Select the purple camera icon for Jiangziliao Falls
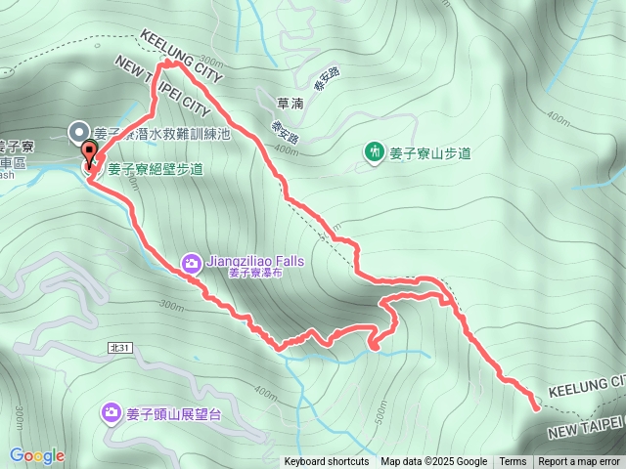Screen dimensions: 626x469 [192, 261]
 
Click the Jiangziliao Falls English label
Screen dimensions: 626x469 [255, 262]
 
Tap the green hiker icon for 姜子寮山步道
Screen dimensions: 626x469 [374, 151]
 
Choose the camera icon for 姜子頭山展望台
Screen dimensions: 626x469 [112, 414]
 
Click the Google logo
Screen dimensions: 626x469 [37, 455]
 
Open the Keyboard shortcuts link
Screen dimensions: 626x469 [327, 462]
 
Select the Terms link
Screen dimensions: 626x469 [513, 462]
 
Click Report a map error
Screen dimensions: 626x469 [579, 462]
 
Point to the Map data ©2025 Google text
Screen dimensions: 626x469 [433, 462]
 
